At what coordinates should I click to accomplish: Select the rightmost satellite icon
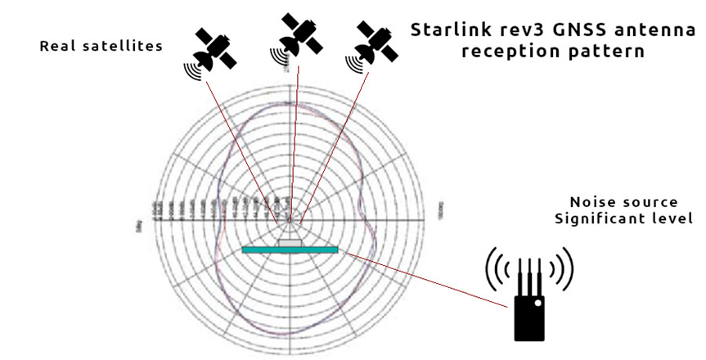[375, 43]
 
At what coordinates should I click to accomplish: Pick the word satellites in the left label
[126, 47]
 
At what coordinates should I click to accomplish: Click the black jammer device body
[529, 315]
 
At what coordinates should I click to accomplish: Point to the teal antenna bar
[290, 249]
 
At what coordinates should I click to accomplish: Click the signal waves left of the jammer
[496, 266]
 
